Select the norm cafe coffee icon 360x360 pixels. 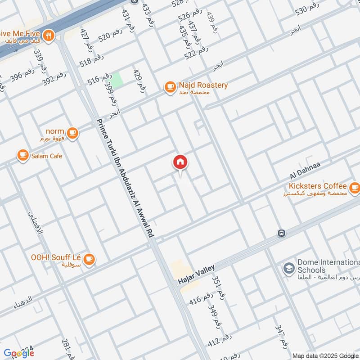[72, 133]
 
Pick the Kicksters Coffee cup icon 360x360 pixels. [354, 187]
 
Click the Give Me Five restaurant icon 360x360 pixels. [49, 35]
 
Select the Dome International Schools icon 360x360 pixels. [288, 269]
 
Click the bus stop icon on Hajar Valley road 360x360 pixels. [282, 234]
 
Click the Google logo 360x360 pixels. [18, 353]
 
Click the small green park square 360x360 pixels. [117, 80]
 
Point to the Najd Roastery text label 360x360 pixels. [203, 85]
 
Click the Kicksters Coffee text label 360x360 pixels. [318, 186]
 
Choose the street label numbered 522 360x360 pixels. [196, 54]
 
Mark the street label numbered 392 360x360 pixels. [54, 79]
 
